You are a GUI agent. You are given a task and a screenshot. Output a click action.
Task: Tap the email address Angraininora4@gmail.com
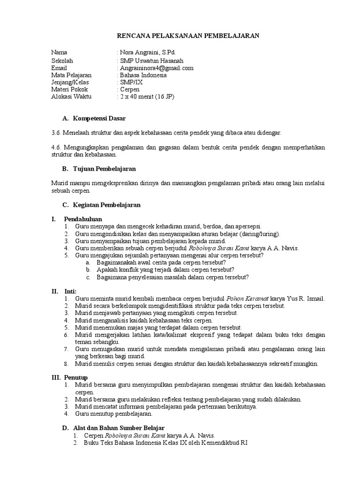click(x=157, y=68)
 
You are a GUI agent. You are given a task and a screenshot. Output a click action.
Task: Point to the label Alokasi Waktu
click(x=71, y=97)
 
